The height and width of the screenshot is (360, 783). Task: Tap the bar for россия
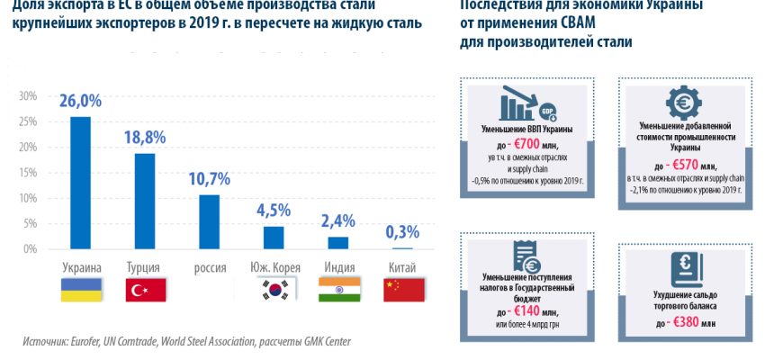click(x=209, y=221)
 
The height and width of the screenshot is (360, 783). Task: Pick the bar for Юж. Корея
click(x=274, y=237)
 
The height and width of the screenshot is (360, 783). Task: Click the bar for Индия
click(x=337, y=242)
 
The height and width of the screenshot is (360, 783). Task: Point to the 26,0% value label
click(x=81, y=102)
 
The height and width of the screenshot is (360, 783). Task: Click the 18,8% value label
click(x=145, y=138)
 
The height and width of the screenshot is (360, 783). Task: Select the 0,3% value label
click(x=401, y=232)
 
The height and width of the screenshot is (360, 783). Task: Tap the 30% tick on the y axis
click(x=27, y=96)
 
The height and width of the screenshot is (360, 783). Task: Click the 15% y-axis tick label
click(x=27, y=172)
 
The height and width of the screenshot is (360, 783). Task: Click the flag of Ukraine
click(x=81, y=289)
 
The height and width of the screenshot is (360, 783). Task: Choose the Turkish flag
click(x=145, y=289)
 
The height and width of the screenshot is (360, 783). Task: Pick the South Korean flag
click(x=274, y=289)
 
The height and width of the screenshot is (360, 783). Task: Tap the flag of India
click(x=338, y=289)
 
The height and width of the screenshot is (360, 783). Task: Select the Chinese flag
click(x=402, y=289)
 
